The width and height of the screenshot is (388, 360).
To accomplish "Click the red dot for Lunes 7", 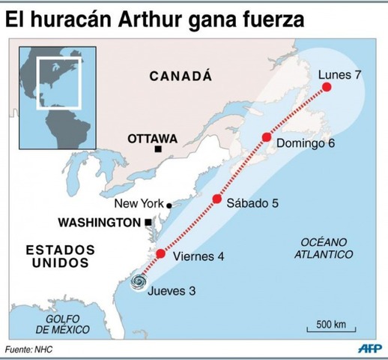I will [327, 88].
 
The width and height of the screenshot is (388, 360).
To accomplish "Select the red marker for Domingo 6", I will [266, 136].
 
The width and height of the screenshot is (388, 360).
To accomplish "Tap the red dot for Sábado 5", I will [217, 199].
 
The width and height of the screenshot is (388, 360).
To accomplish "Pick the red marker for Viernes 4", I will [160, 253].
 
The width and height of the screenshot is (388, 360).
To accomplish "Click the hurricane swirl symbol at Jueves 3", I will [139, 282].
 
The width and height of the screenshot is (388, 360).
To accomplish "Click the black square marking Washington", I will [148, 223].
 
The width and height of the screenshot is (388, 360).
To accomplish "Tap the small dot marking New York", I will [169, 205].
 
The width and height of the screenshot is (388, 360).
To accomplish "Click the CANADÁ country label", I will [181, 76].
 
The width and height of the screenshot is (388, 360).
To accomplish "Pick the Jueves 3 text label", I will [173, 291].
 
